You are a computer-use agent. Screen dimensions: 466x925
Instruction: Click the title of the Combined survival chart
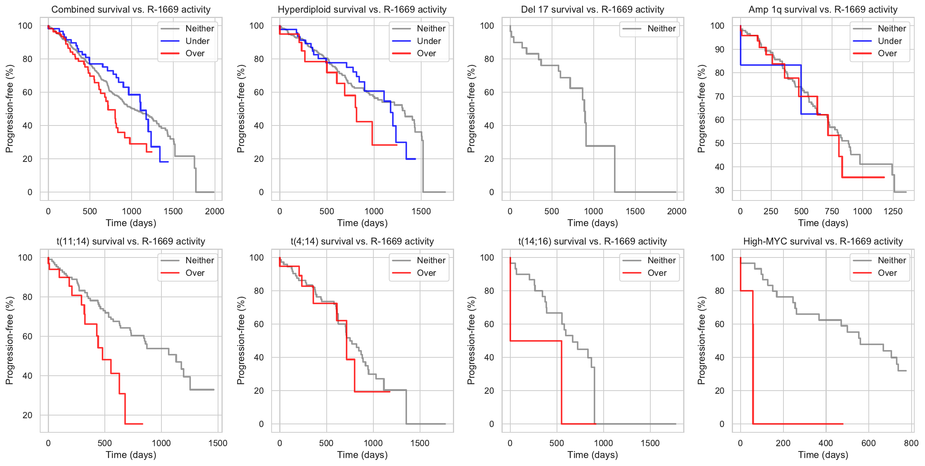pos(131,10)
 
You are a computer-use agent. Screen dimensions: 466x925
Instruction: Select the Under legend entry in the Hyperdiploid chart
pos(428,41)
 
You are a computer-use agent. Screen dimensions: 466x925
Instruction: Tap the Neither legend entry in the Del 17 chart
pos(661,28)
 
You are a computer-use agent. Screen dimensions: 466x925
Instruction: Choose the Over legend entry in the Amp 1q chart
pos(887,54)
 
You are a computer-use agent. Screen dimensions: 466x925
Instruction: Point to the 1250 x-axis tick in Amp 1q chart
pos(893,212)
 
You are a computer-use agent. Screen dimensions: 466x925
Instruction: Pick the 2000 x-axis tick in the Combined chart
pos(215,212)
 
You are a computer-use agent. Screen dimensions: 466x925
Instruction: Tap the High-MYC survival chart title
pos(823,241)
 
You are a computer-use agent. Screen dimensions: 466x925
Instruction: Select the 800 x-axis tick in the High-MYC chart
pos(911,443)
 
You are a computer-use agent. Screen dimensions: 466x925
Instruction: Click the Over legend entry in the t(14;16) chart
pos(656,273)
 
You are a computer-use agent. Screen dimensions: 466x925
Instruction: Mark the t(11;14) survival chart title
pos(131,241)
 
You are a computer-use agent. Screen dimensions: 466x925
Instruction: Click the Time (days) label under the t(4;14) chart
pos(362,455)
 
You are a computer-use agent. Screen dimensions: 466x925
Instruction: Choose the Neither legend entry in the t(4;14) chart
pos(431,261)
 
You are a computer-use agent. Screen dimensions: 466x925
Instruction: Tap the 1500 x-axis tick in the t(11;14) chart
pos(218,443)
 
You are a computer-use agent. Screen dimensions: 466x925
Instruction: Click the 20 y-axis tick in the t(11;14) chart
pos(27,415)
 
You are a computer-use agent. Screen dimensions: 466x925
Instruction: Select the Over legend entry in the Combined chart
pos(195,54)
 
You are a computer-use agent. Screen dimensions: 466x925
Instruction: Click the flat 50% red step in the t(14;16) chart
pos(536,341)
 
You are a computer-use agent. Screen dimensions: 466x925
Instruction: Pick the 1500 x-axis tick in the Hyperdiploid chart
pos(421,212)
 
